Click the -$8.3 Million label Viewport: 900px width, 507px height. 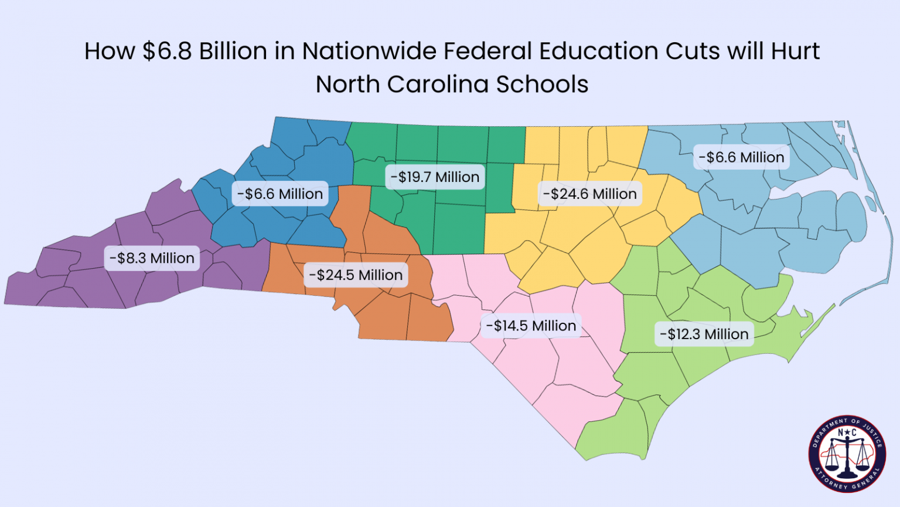152,258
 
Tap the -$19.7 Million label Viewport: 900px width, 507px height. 435,177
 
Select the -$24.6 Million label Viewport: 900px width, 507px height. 589,194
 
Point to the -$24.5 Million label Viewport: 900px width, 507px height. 356,275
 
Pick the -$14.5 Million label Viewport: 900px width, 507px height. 531,326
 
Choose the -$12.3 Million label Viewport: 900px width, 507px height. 704,334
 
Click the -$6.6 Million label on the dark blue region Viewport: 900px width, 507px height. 280,194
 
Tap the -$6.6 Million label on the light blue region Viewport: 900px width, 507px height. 741,157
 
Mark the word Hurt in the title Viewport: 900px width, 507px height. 795,52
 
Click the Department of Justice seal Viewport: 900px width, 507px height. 847,454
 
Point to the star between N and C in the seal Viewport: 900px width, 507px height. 847,433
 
